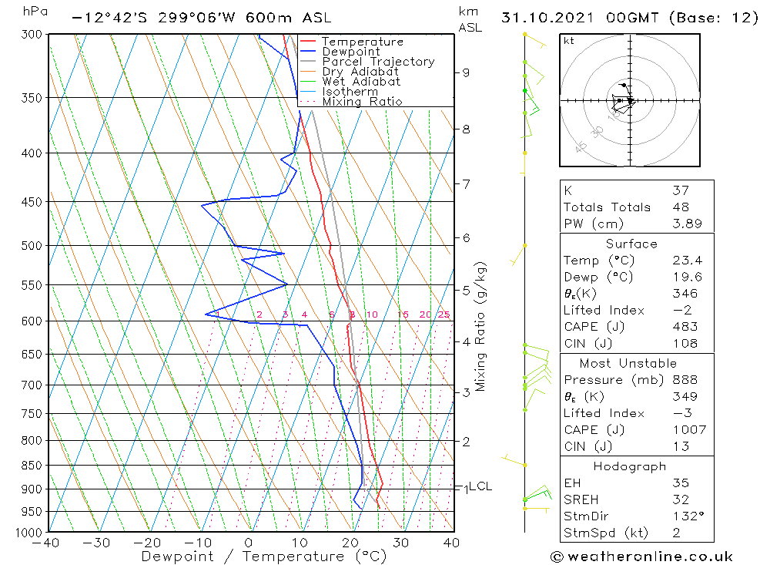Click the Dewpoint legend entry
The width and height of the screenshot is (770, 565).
350,52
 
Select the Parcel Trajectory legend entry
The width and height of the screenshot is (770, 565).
378,62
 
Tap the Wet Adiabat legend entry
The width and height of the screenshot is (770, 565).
361,82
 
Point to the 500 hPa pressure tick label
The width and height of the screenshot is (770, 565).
32,246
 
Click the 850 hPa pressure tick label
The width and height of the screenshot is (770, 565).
32,466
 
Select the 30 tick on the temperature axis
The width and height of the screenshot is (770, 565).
400,543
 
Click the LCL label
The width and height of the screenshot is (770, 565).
480,486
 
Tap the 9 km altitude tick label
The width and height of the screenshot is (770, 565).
466,72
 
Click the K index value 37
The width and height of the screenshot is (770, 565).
681,190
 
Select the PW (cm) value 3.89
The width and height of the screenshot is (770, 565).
685,224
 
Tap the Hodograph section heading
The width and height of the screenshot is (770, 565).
630,466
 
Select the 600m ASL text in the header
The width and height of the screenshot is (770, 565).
290,17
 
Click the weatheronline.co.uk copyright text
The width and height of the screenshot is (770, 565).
641,557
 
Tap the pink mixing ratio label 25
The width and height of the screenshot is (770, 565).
444,314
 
